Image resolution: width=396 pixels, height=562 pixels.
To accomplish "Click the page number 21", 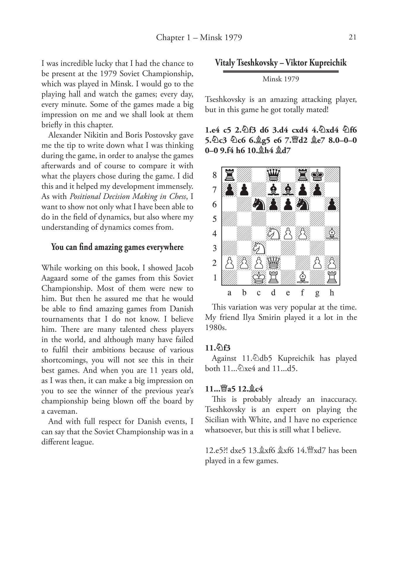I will coord(352,37).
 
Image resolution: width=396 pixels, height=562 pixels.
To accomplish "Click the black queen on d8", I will coord(273,175).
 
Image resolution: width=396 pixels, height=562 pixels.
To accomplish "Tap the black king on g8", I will coord(317,175).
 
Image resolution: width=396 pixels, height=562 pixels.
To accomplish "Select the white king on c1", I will coord(259,277).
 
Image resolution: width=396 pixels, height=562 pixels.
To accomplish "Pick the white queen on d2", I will coord(273,263).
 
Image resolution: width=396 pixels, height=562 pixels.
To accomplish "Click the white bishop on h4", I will coord(332,233).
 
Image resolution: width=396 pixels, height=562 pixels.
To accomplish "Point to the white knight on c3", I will coord(259,248).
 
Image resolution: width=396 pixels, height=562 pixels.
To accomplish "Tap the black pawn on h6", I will coord(332,204).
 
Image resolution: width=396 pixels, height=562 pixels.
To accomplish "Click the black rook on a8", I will coord(229,175).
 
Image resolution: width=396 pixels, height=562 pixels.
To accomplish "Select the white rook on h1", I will coord(332,277).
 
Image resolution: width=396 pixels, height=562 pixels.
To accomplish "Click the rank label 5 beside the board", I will coord(215,219).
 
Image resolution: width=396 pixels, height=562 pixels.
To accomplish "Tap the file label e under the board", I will coord(288,293).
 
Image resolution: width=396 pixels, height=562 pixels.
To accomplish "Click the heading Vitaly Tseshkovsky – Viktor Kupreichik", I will coord(280,63).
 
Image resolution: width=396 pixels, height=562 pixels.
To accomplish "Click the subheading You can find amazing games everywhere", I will coord(117,247).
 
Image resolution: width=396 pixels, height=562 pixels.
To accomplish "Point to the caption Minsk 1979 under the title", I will coord(280,79).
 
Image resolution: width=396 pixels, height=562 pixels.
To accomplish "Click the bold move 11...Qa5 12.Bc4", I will coord(234,389).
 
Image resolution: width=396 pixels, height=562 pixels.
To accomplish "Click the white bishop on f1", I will coord(303,277).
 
